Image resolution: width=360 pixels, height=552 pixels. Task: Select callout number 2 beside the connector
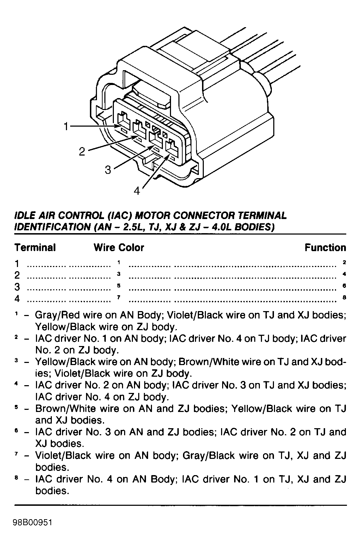(x=82, y=152)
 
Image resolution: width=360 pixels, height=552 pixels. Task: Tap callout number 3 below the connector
(x=108, y=170)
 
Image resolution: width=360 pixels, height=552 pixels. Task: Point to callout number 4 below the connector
(x=137, y=191)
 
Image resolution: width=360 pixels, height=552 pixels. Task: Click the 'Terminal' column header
(x=35, y=248)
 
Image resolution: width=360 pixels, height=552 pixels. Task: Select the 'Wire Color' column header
(x=119, y=248)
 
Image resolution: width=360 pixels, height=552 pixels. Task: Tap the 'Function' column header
(x=325, y=248)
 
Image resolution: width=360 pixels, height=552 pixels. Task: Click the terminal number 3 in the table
(x=17, y=287)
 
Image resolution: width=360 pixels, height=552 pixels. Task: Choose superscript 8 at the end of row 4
(x=344, y=297)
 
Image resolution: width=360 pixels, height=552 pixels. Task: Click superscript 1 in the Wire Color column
(x=119, y=262)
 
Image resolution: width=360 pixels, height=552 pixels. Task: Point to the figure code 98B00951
(x=33, y=522)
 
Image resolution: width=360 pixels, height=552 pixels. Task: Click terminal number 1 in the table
(x=17, y=263)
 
